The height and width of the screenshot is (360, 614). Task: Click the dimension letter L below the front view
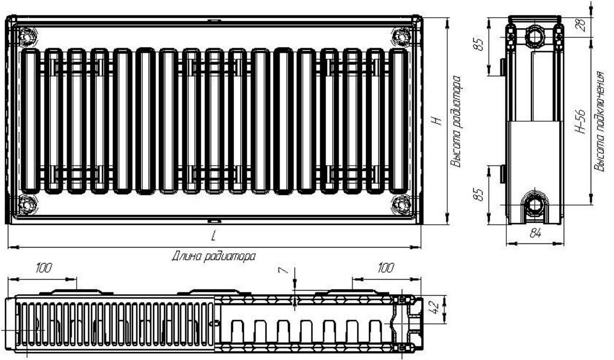[x=213, y=236]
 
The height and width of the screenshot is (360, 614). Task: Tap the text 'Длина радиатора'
[x=214, y=256]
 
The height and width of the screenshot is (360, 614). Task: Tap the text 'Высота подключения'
[x=600, y=121]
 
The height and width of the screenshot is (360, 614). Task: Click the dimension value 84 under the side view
[x=535, y=234]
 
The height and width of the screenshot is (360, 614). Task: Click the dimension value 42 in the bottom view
[x=433, y=306]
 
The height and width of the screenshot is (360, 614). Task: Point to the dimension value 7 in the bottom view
[x=284, y=270]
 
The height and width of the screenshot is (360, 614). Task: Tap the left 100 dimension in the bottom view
[x=43, y=268]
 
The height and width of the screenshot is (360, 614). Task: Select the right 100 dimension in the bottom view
[x=386, y=268]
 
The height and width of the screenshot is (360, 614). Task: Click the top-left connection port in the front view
[x=27, y=36]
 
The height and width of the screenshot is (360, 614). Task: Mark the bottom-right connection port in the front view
[x=401, y=204]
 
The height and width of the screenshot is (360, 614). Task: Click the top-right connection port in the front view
[x=401, y=36]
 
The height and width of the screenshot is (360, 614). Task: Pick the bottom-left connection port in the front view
[x=27, y=204]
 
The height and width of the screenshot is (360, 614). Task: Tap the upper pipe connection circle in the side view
[x=534, y=37]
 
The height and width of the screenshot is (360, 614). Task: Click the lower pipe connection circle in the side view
[x=534, y=204]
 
